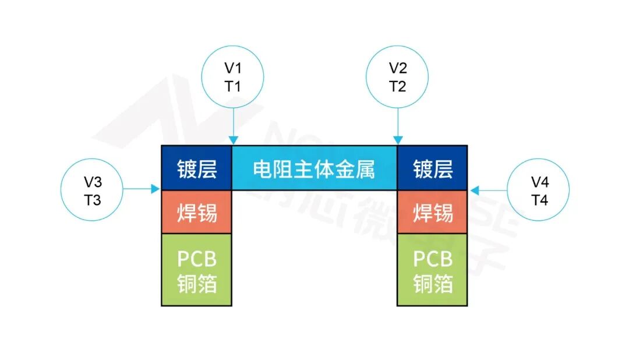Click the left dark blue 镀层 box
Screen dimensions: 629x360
(x=197, y=168)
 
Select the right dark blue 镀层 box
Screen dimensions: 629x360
(x=432, y=168)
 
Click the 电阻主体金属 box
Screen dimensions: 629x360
(x=314, y=168)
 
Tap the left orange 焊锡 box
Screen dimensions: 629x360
(x=197, y=212)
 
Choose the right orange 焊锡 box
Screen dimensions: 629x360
(x=432, y=212)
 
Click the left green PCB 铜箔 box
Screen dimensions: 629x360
(x=197, y=270)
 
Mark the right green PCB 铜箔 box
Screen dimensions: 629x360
(x=432, y=270)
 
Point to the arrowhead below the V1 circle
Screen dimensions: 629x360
(x=234, y=140)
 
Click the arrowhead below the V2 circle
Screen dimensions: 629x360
(x=398, y=140)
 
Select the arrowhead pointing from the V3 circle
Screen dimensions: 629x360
(x=156, y=189)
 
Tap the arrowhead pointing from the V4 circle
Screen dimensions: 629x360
(x=475, y=190)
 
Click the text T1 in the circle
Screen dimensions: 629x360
(x=232, y=86)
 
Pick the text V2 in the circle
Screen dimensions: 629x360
(x=398, y=68)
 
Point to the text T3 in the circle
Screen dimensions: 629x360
(x=92, y=200)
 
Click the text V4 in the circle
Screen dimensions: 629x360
(x=539, y=182)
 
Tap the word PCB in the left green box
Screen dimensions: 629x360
(x=197, y=259)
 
